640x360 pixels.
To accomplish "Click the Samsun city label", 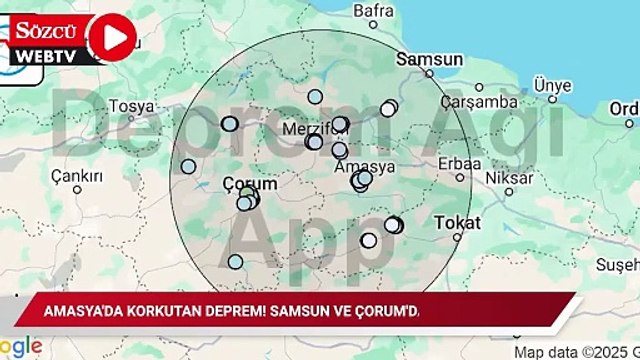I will click(429, 59).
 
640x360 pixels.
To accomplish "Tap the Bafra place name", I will click(374, 12).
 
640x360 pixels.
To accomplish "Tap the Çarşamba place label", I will click(484, 101).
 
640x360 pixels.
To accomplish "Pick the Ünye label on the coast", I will click(552, 85).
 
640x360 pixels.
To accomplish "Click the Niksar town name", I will click(506, 178).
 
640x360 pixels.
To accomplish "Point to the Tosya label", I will click(133, 105).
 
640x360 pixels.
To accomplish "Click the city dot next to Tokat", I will click(457, 237).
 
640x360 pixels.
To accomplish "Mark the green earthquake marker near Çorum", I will click(246, 192).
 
